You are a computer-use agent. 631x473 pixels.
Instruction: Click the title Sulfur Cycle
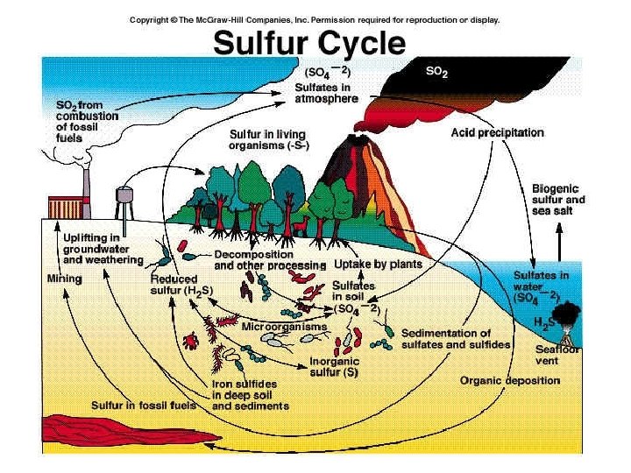[x=310, y=42]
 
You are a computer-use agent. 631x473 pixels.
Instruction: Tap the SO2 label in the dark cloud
[x=436, y=74]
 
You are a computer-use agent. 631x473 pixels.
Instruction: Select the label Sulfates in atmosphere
[x=327, y=93]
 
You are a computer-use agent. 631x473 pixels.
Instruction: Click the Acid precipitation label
[x=497, y=133]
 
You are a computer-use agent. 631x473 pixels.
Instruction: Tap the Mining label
[x=63, y=279]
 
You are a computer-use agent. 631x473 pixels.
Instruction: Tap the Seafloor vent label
[x=553, y=354]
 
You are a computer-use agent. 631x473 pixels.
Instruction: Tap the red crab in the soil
[x=188, y=338]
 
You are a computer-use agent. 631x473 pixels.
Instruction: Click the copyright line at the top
[x=315, y=18]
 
